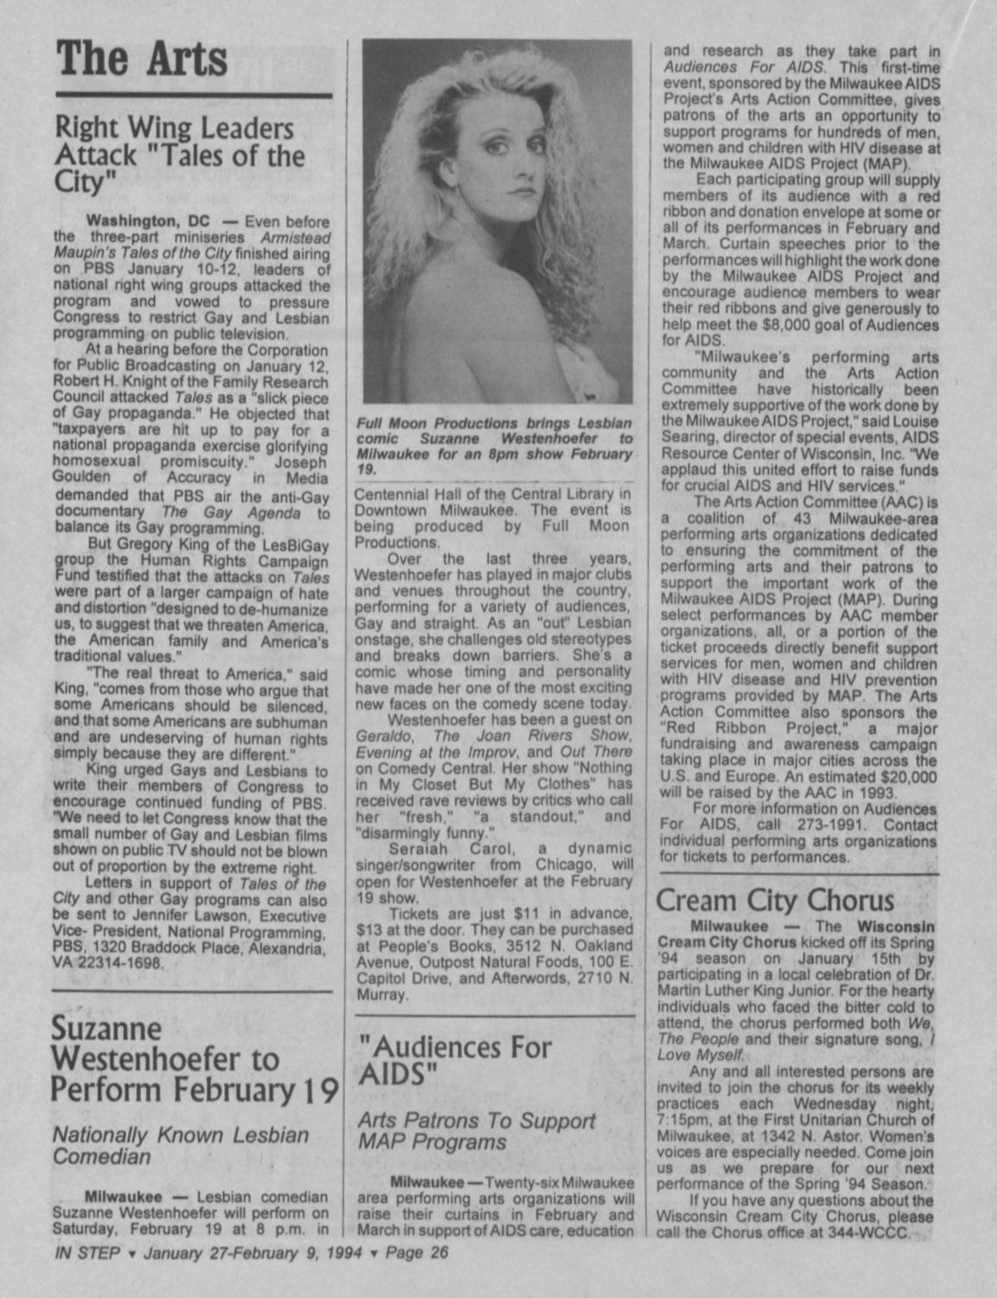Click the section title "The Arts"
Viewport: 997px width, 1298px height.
tap(143, 58)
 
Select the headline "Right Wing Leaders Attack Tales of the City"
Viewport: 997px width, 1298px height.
tap(180, 156)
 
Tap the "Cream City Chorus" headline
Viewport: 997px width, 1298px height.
tap(775, 900)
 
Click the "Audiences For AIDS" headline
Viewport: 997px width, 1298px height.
tap(454, 1061)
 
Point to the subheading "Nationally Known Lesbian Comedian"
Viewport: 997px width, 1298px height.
tap(181, 1145)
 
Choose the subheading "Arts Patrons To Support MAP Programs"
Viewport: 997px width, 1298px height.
tap(476, 1131)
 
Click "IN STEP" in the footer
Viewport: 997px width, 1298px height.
tap(86, 1253)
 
